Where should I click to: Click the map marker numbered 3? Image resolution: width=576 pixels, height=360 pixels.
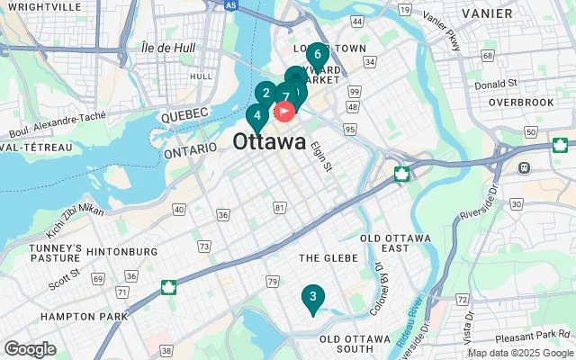click(x=312, y=297)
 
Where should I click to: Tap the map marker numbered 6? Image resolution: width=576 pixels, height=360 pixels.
click(x=318, y=54)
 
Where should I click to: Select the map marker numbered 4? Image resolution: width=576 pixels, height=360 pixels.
click(x=256, y=116)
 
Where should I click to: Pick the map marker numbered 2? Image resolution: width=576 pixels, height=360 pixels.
click(x=265, y=93)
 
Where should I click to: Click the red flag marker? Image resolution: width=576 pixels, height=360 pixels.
click(x=284, y=112)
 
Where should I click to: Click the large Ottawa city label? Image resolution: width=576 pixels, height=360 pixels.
click(x=269, y=142)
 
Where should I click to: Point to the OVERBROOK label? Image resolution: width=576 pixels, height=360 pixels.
click(x=522, y=103)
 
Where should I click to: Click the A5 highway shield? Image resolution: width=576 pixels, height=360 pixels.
click(x=231, y=5)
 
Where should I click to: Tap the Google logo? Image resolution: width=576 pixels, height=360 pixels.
click(x=30, y=349)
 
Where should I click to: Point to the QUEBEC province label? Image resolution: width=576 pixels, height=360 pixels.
click(x=184, y=113)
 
